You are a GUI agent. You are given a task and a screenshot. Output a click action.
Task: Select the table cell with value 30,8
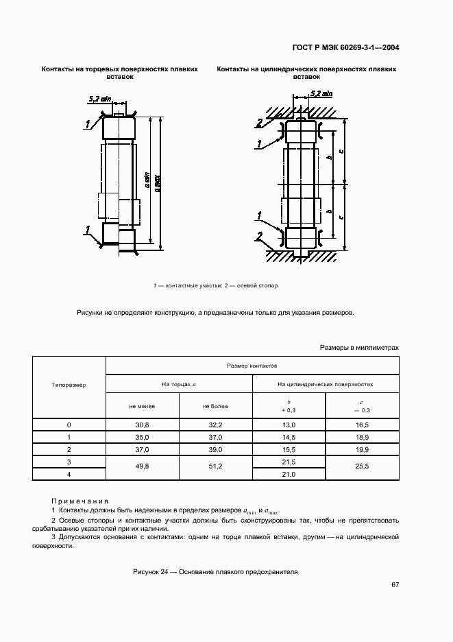pyautogui.click(x=142, y=425)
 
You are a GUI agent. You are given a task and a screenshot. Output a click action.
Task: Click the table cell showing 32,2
pyautogui.click(x=216, y=425)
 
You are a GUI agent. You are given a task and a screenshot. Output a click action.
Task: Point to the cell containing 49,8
pyautogui.click(x=142, y=467)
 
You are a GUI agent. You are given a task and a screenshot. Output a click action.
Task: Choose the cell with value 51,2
pyautogui.click(x=216, y=467)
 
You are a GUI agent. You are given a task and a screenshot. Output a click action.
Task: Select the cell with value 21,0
pyautogui.click(x=289, y=474)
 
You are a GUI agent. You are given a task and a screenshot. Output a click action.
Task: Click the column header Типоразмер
pyautogui.click(x=69, y=385)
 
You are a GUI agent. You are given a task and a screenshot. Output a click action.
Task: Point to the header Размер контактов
pyautogui.click(x=252, y=367)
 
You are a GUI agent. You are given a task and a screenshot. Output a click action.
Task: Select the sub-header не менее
pyautogui.click(x=142, y=406)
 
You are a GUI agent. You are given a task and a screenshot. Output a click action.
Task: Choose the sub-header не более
pyautogui.click(x=216, y=406)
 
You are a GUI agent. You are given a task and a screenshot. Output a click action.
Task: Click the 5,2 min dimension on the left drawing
pyautogui.click(x=100, y=99)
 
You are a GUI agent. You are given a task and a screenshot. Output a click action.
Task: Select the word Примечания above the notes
pyautogui.click(x=79, y=501)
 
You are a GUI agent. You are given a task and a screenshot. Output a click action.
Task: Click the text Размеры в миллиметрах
pyautogui.click(x=359, y=348)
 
